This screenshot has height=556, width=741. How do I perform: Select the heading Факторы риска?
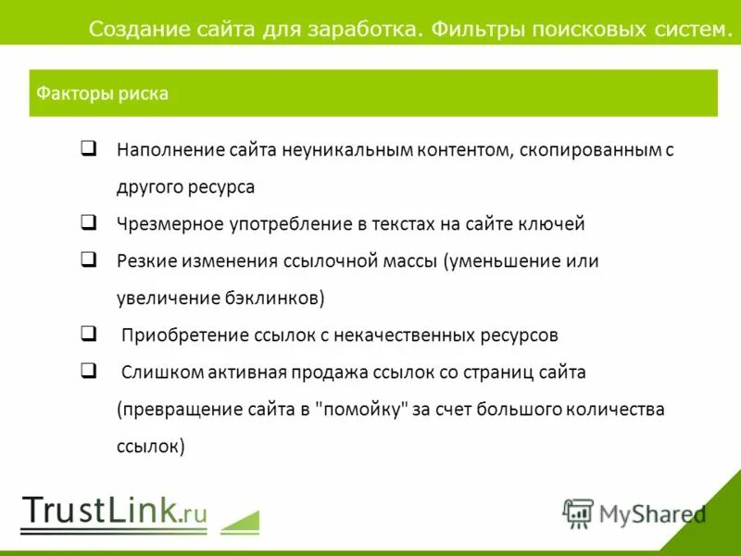click(102, 94)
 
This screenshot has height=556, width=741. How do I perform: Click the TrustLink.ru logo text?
click(114, 512)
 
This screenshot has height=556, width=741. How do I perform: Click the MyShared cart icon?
click(578, 512)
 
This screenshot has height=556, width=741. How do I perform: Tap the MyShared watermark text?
click(652, 513)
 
